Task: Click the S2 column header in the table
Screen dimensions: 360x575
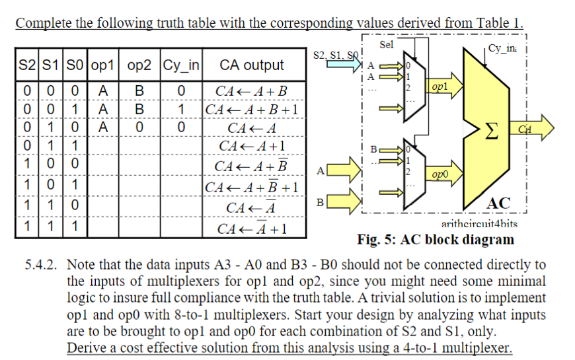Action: coord(27,65)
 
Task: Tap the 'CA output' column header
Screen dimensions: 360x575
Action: coord(251,65)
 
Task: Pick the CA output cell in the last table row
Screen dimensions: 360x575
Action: coord(252,229)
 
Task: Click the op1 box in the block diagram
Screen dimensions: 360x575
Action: coord(440,87)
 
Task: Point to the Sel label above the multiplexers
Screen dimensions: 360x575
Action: coord(387,45)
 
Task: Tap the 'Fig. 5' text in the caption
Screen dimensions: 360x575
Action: coord(375,239)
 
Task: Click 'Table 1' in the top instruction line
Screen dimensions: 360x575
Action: coord(499,24)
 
